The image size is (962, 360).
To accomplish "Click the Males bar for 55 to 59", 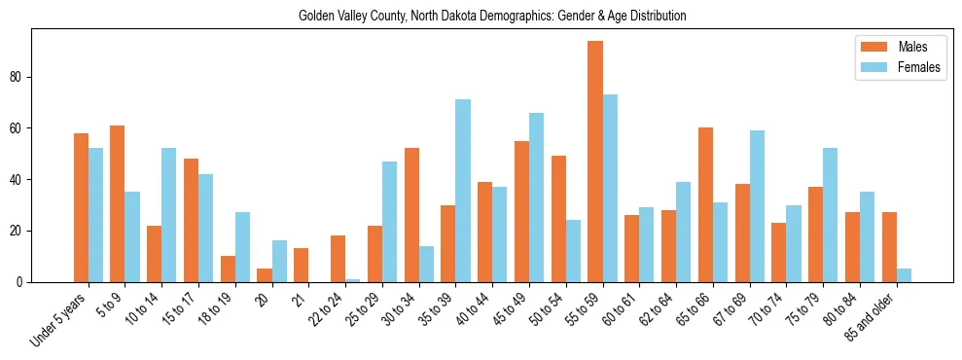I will (595, 162).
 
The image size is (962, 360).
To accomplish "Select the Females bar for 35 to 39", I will (463, 191).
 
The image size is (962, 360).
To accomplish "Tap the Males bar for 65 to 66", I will (705, 205).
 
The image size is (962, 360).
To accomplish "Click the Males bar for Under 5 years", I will (82, 207).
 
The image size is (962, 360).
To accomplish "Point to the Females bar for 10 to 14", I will (169, 215).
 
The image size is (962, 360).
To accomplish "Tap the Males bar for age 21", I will (302, 266).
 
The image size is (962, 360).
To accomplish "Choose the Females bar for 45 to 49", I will (536, 198).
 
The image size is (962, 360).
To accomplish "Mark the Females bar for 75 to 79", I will (830, 215).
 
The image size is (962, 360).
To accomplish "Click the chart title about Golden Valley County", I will (491, 16).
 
